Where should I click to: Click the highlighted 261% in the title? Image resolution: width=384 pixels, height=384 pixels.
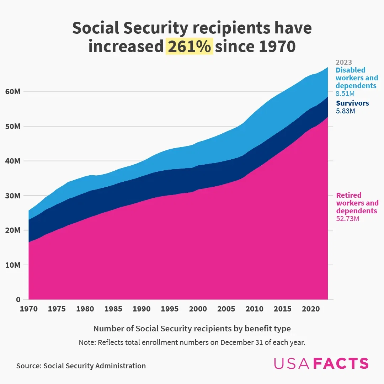[x=189, y=47]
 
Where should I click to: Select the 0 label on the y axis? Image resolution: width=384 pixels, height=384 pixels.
[x=18, y=300]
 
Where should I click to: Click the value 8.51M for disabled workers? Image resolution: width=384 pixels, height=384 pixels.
[x=345, y=94]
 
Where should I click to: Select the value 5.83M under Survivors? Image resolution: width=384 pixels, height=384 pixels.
[x=345, y=111]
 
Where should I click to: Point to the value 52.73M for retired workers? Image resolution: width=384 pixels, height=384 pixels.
[x=347, y=219]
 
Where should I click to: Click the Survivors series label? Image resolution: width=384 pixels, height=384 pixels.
[x=352, y=103]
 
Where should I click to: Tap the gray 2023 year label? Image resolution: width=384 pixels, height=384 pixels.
[x=343, y=63]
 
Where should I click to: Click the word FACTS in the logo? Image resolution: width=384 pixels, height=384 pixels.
[x=342, y=363]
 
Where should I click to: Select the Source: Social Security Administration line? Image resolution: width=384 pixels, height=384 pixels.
[x=81, y=366]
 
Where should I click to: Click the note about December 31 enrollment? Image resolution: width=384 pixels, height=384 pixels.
[x=192, y=343]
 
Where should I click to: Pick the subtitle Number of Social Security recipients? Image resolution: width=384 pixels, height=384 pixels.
[x=192, y=329]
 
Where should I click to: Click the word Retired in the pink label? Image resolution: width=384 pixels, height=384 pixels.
[x=348, y=195]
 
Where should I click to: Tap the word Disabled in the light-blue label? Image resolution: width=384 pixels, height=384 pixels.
[x=350, y=70]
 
